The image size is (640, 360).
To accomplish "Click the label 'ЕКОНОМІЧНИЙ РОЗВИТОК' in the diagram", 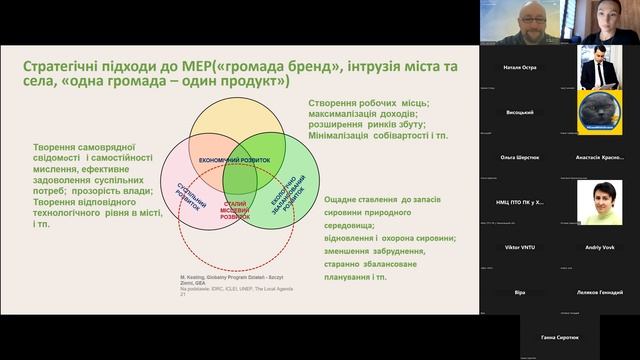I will [236, 160].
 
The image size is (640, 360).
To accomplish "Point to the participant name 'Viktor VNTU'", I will [519, 245].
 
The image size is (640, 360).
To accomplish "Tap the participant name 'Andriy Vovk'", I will [598, 245].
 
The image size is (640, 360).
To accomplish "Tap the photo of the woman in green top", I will [598, 202].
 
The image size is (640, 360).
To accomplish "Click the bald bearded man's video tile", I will [519, 22].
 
